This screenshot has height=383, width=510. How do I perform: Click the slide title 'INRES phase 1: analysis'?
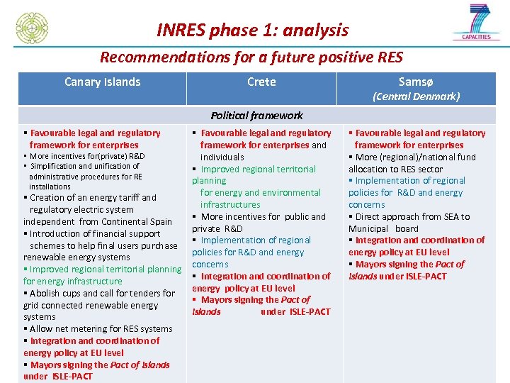coord(252,30)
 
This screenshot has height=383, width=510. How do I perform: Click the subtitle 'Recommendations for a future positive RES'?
coord(251,57)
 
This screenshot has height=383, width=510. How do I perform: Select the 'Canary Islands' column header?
coord(102,82)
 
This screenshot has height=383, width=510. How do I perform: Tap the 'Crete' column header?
coord(261,82)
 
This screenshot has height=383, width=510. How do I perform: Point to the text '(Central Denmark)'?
coord(416,96)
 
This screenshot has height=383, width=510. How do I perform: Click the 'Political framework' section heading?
coord(256,115)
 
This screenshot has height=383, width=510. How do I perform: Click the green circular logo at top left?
coord(32,28)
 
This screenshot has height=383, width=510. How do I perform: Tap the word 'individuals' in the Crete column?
coord(222,157)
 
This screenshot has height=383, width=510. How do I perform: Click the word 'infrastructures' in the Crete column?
coord(230,204)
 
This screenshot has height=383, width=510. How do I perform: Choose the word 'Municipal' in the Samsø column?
coord(368,228)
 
